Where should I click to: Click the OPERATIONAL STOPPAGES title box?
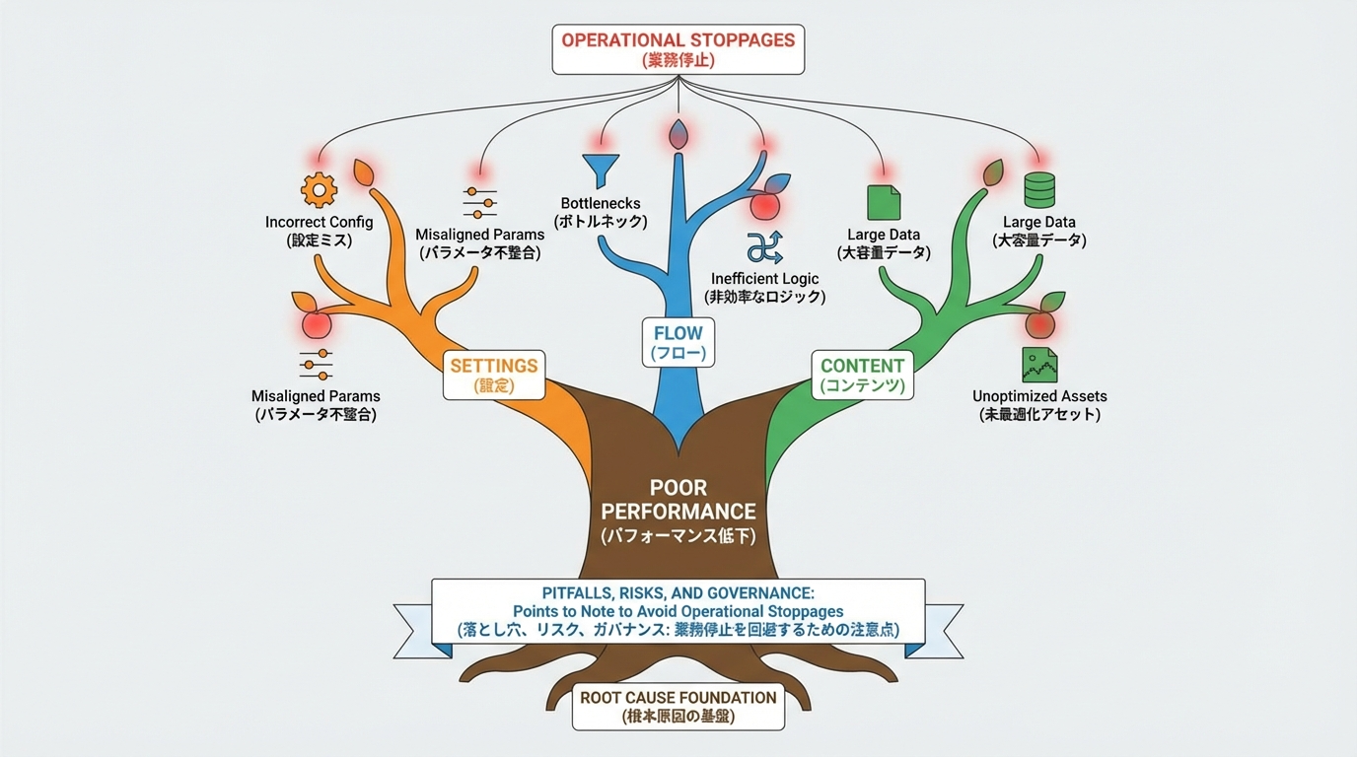[x=678, y=49]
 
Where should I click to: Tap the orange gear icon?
[x=319, y=187]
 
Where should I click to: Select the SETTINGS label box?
[x=493, y=375]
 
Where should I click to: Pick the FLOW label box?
[x=678, y=342]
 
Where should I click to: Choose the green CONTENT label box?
[x=862, y=375]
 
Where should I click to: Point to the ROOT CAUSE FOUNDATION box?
[x=678, y=706]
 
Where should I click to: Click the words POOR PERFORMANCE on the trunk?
[x=678, y=500]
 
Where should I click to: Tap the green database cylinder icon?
[x=1039, y=188]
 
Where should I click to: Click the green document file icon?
[x=883, y=202]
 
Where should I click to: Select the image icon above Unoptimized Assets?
[x=1038, y=365]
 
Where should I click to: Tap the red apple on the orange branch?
[x=316, y=322]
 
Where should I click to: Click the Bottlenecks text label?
[x=600, y=203]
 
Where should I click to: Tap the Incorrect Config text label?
[x=319, y=222]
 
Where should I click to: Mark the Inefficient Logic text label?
[x=764, y=279]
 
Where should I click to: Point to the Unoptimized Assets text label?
[x=1039, y=396]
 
